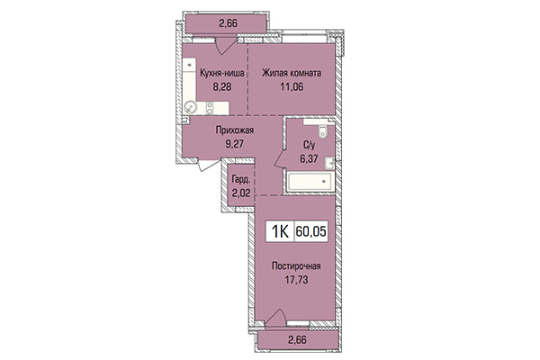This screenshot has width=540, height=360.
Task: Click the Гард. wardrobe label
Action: [240, 179]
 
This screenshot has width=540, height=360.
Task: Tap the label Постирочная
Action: [295, 267]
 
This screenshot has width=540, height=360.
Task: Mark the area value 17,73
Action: [295, 283]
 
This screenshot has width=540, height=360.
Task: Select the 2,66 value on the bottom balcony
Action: [297, 339]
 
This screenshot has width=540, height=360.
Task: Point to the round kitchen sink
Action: [193, 108]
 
